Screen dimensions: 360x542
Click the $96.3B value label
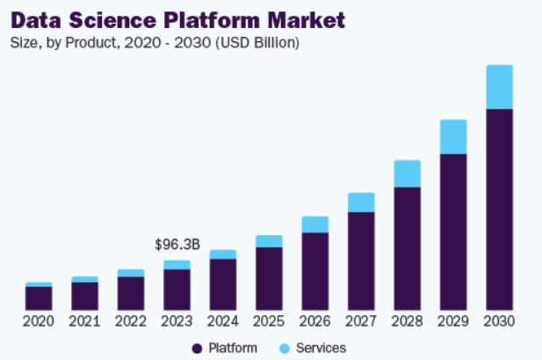(x=177, y=244)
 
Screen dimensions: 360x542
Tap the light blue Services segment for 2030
(x=499, y=87)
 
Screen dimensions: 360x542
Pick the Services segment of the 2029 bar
(x=453, y=137)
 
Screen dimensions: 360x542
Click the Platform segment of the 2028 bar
(x=407, y=248)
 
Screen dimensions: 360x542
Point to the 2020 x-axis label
(x=39, y=321)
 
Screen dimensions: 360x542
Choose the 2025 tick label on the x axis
(x=269, y=321)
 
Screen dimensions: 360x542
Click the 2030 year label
(x=499, y=321)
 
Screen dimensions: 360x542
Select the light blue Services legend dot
(x=285, y=349)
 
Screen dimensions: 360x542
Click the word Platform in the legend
(x=233, y=349)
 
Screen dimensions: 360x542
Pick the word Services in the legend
(x=321, y=349)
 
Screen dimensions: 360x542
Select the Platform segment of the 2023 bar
(x=177, y=289)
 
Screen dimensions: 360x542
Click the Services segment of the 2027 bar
(x=361, y=203)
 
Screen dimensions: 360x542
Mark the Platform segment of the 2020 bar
(x=39, y=298)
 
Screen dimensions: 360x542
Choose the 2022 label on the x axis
(x=131, y=321)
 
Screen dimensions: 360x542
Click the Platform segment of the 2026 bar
(x=314, y=270)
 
